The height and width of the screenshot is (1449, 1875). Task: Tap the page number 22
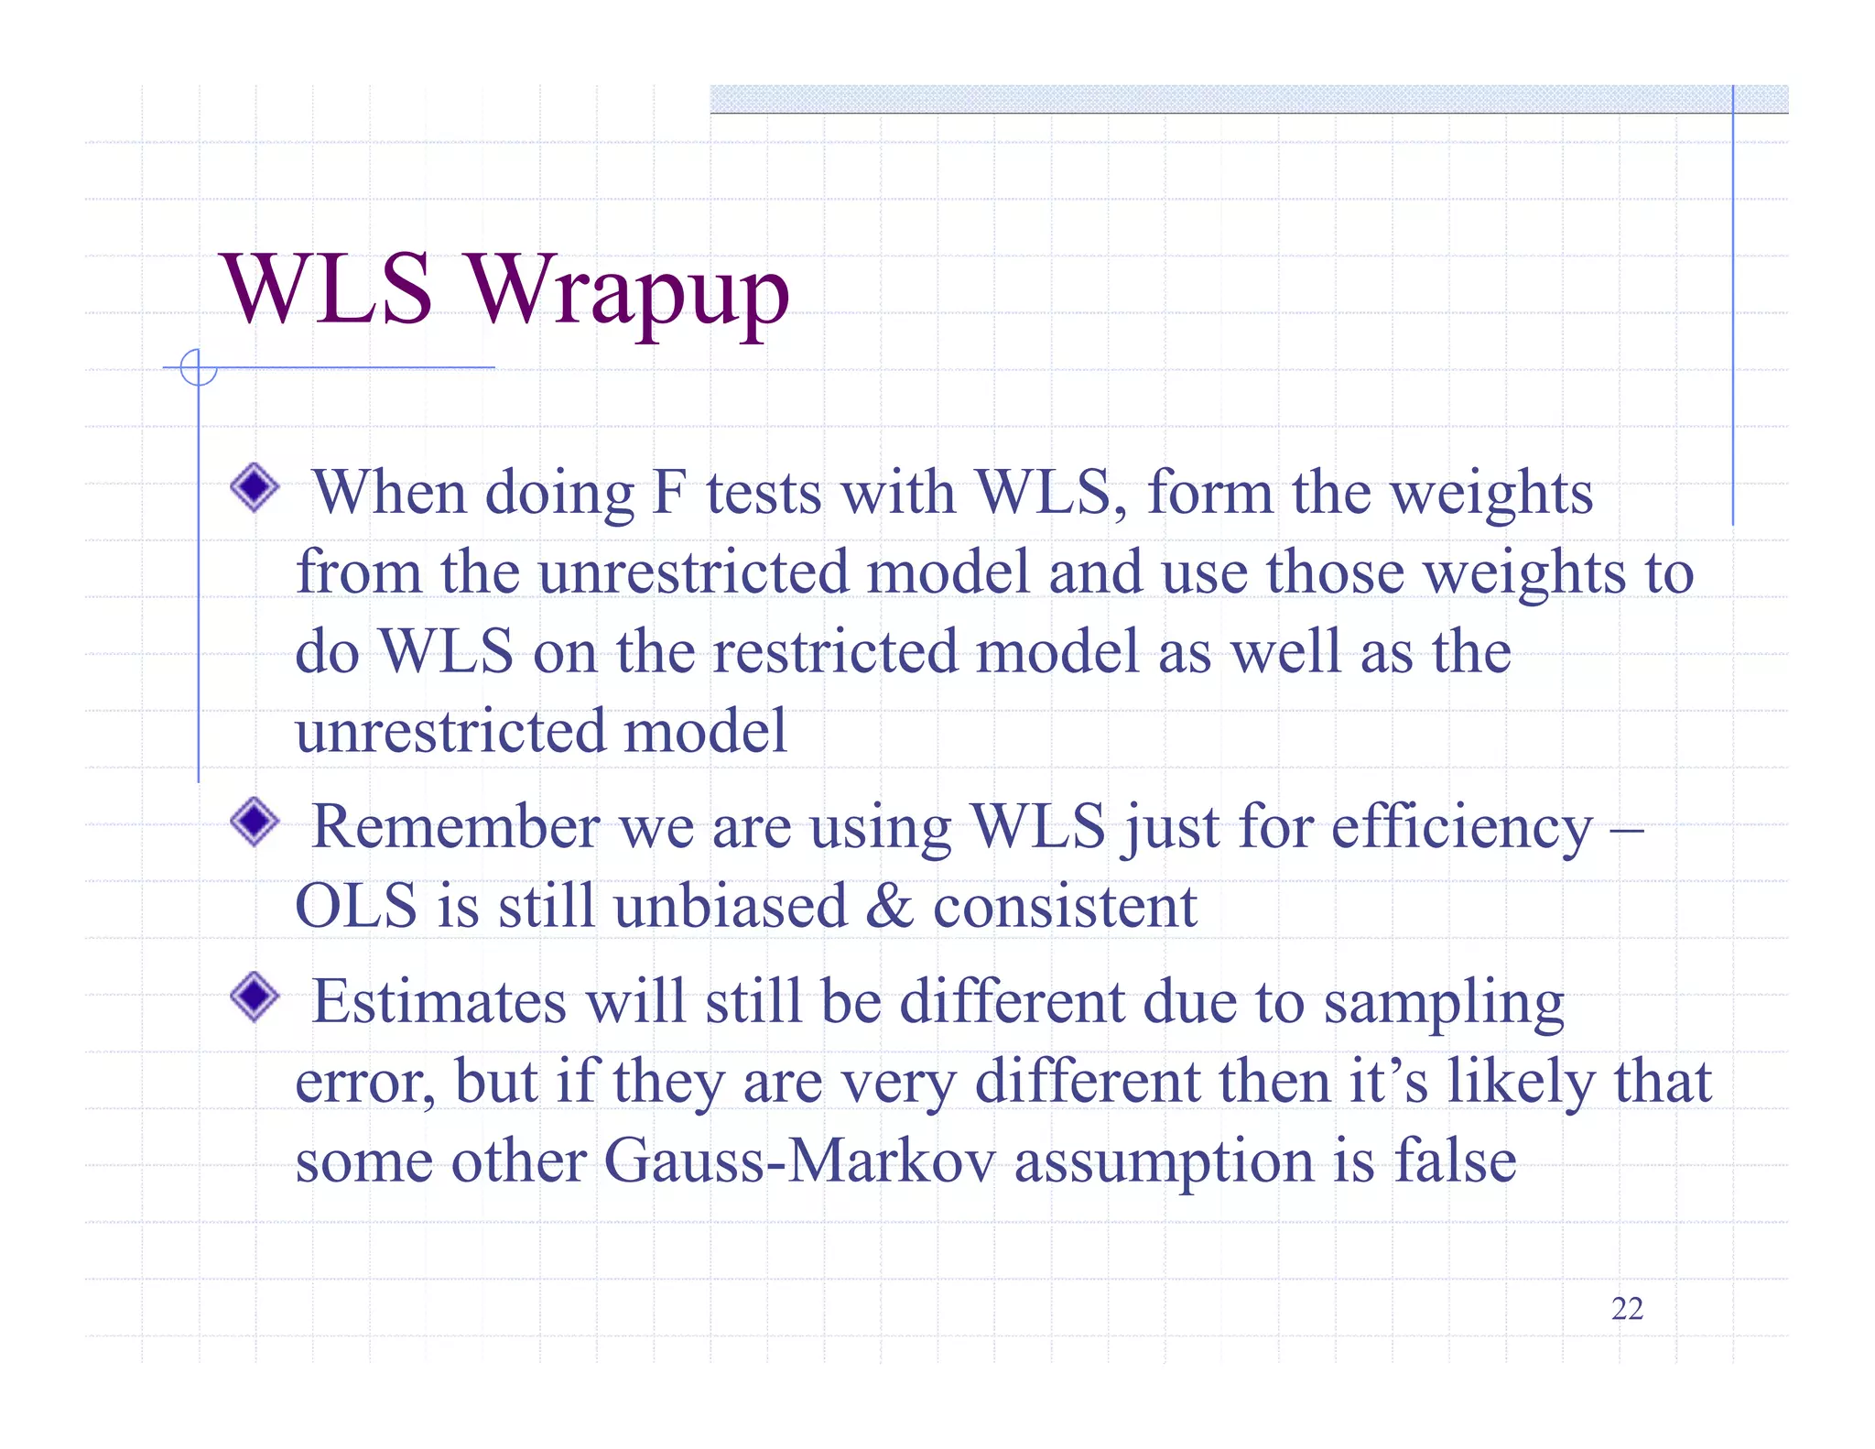pyautogui.click(x=1627, y=1309)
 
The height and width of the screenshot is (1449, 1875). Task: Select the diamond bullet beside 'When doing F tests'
pyautogui.click(x=255, y=487)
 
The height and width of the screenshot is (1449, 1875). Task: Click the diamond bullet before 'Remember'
pyautogui.click(x=255, y=822)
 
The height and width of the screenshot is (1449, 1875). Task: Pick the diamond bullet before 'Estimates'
pyautogui.click(x=255, y=997)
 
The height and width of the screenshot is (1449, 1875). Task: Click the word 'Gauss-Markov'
pyautogui.click(x=798, y=1161)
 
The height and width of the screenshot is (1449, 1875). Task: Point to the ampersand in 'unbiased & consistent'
pyautogui.click(x=889, y=907)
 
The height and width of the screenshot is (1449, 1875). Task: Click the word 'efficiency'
pyautogui.click(x=1461, y=827)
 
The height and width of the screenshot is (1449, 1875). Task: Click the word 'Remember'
pyautogui.click(x=456, y=827)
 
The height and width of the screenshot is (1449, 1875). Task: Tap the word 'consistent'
pyautogui.click(x=1064, y=907)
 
